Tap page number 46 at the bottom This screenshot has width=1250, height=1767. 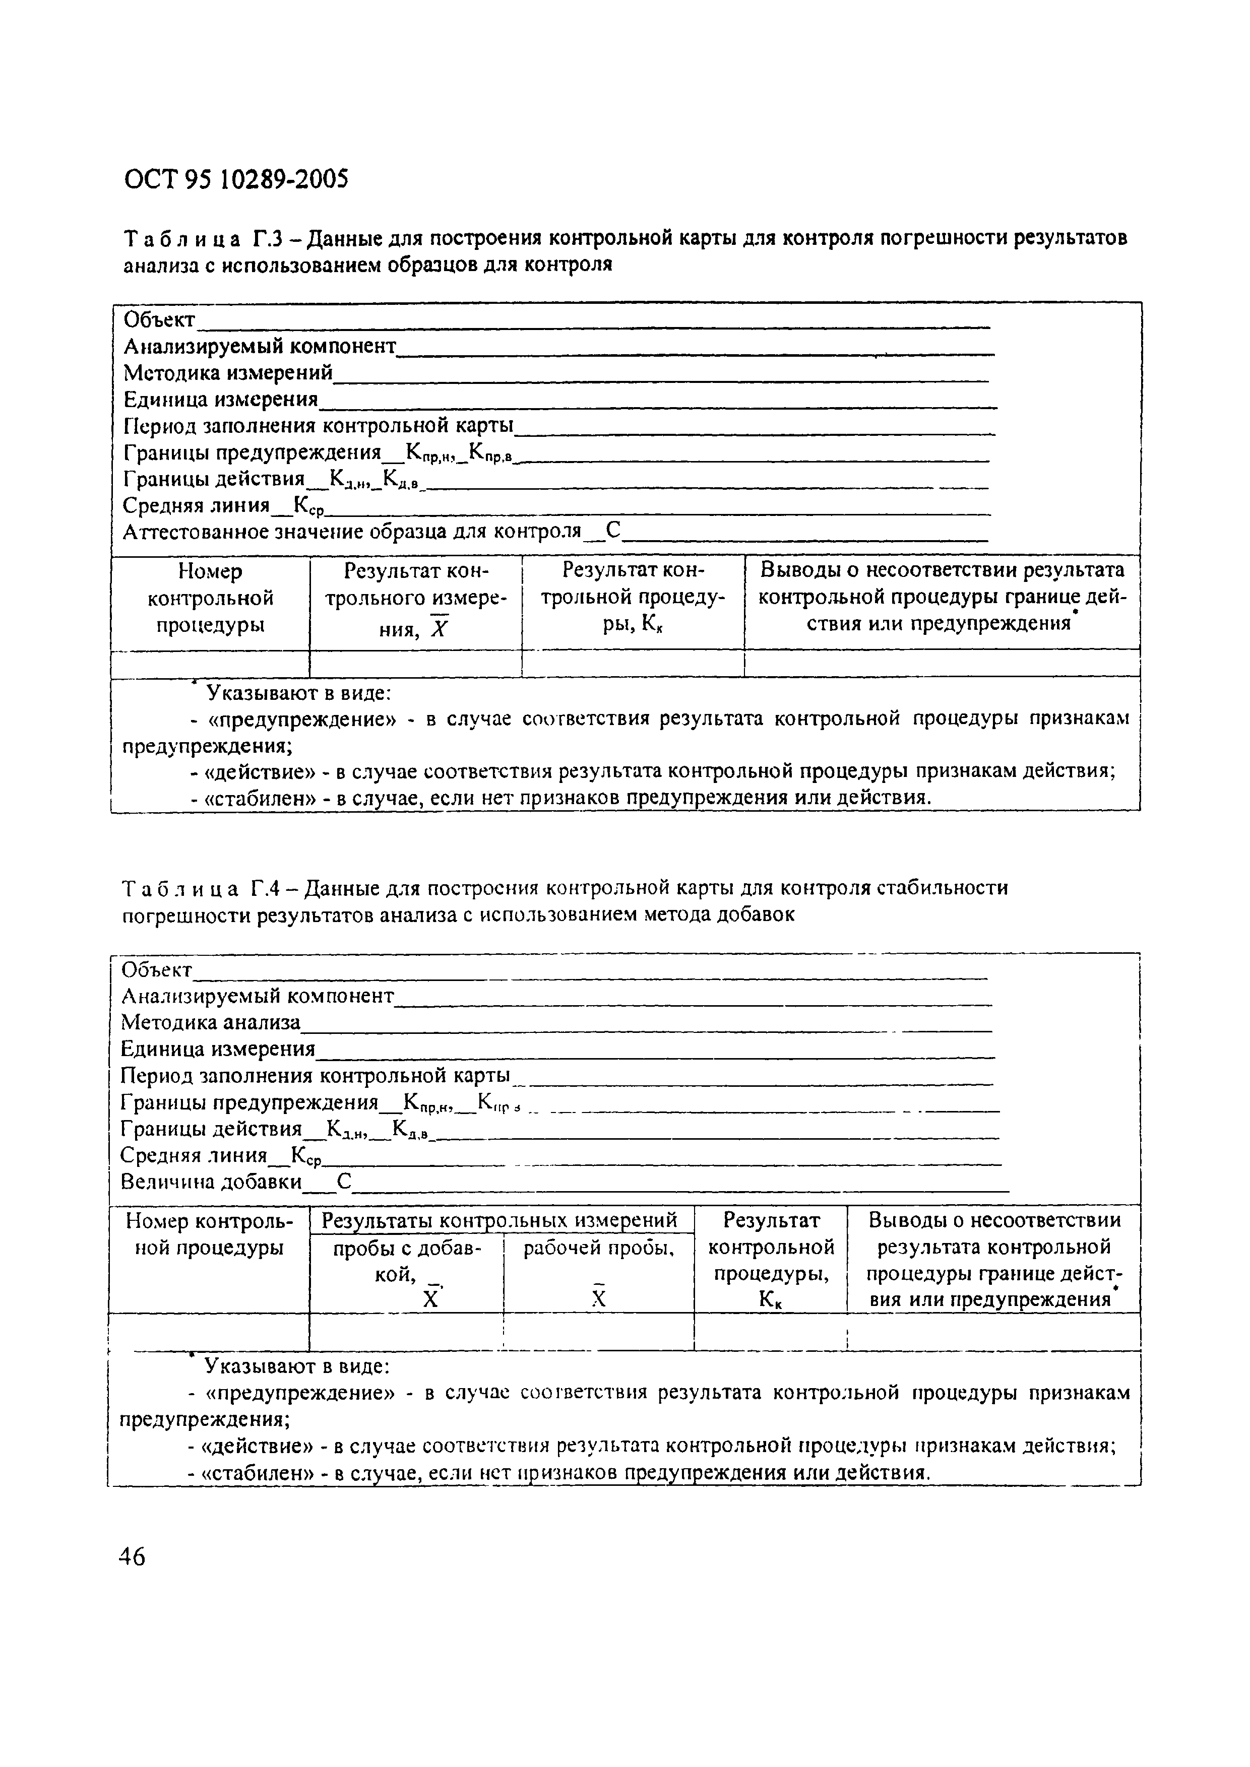132,1556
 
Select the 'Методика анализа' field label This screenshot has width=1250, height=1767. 211,1023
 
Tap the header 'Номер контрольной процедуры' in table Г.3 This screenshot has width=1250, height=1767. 210,598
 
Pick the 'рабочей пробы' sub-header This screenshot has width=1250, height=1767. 598,1249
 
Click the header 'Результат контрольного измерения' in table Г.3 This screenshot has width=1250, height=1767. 416,598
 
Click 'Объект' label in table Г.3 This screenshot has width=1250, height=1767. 159,319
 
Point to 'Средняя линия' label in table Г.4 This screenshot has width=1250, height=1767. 194,1155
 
